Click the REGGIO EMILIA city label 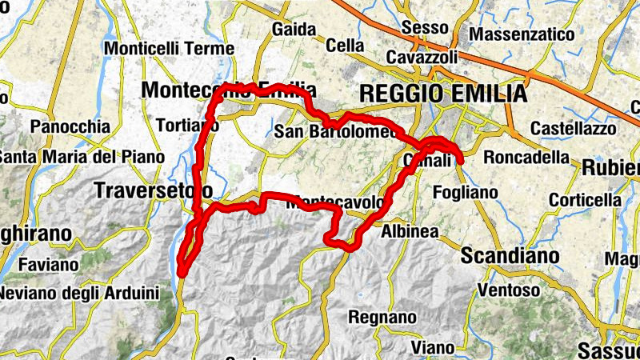[x=443, y=94]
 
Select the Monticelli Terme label [x=169, y=48]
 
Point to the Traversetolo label [x=154, y=190]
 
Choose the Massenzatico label [x=522, y=35]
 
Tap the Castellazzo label [x=574, y=128]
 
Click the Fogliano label [x=464, y=192]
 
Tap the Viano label [x=433, y=347]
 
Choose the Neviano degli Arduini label [x=79, y=293]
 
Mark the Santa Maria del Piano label [x=80, y=157]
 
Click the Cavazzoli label [x=422, y=58]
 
